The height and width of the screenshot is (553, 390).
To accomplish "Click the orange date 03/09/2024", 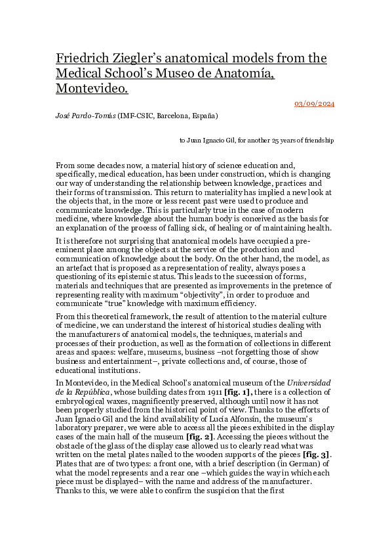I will pyautogui.click(x=314, y=104).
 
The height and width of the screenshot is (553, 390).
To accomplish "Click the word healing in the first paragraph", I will pyautogui.click(x=231, y=228).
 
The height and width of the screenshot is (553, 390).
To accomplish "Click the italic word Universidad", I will pyautogui.click(x=310, y=382).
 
